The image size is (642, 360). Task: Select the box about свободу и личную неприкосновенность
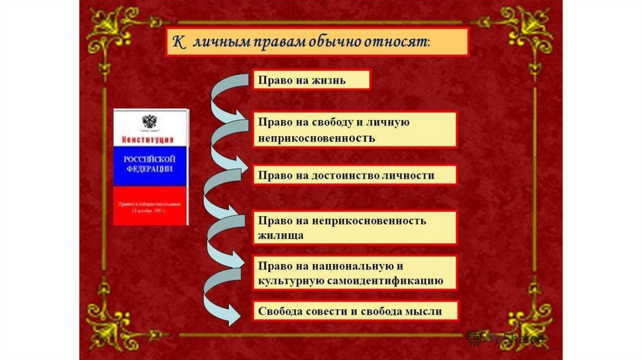(355, 130)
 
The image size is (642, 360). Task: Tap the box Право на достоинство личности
(355, 175)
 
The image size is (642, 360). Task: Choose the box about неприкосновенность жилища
(355, 228)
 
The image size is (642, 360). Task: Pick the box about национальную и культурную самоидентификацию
(355, 273)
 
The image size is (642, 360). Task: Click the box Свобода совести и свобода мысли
(355, 312)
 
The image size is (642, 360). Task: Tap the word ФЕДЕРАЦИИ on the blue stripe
(149, 169)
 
